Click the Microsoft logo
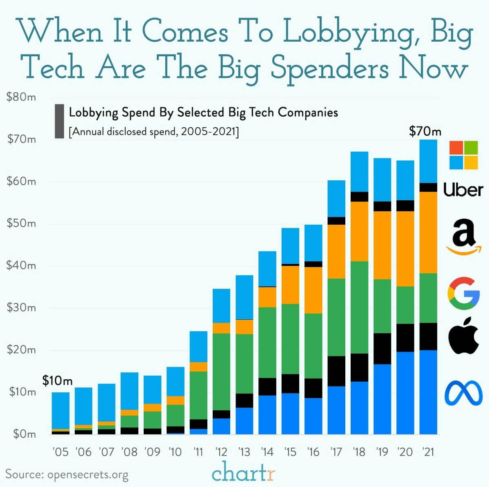(x=463, y=155)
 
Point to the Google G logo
(x=463, y=293)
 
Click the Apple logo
(x=463, y=335)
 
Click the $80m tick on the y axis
(x=21, y=97)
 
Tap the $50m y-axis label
(x=21, y=224)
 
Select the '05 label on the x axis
(x=60, y=452)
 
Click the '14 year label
(x=267, y=452)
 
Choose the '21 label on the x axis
(x=428, y=452)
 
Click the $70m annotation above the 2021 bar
(x=425, y=131)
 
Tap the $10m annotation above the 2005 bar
(x=58, y=381)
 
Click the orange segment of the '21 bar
(x=429, y=232)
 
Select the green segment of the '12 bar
(x=221, y=371)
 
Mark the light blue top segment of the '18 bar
(x=359, y=171)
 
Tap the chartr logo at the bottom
(x=244, y=473)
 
